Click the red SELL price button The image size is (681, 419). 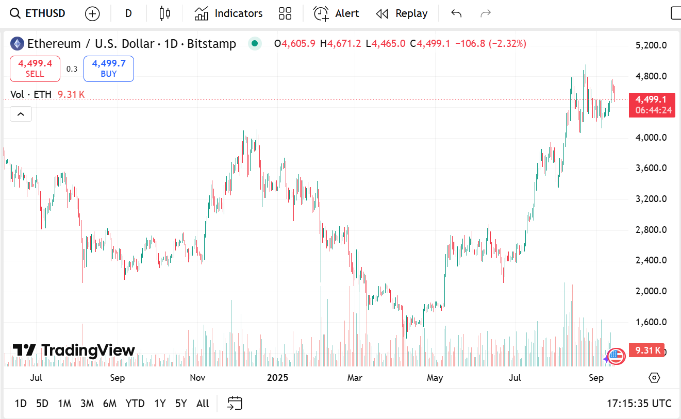click(x=35, y=69)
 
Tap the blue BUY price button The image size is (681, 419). click(x=109, y=69)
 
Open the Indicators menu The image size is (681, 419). click(x=228, y=13)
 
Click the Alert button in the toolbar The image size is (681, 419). click(x=337, y=13)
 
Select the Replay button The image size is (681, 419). click(x=402, y=13)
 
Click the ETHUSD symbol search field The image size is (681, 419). click(x=39, y=13)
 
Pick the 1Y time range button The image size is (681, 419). click(x=160, y=404)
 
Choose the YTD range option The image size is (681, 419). click(x=135, y=404)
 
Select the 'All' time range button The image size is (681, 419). click(x=203, y=404)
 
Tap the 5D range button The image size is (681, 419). click(x=42, y=404)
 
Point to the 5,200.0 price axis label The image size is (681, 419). click(x=652, y=45)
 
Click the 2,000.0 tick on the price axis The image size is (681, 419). click(x=652, y=291)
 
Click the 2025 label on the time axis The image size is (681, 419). click(x=277, y=378)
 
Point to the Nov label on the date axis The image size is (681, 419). click(x=197, y=378)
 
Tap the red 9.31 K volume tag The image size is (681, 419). click(x=648, y=350)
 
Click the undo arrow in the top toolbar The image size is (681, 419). click(x=456, y=13)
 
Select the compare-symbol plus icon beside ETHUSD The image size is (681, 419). click(x=92, y=14)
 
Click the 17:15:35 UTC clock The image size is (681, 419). click(x=639, y=404)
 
